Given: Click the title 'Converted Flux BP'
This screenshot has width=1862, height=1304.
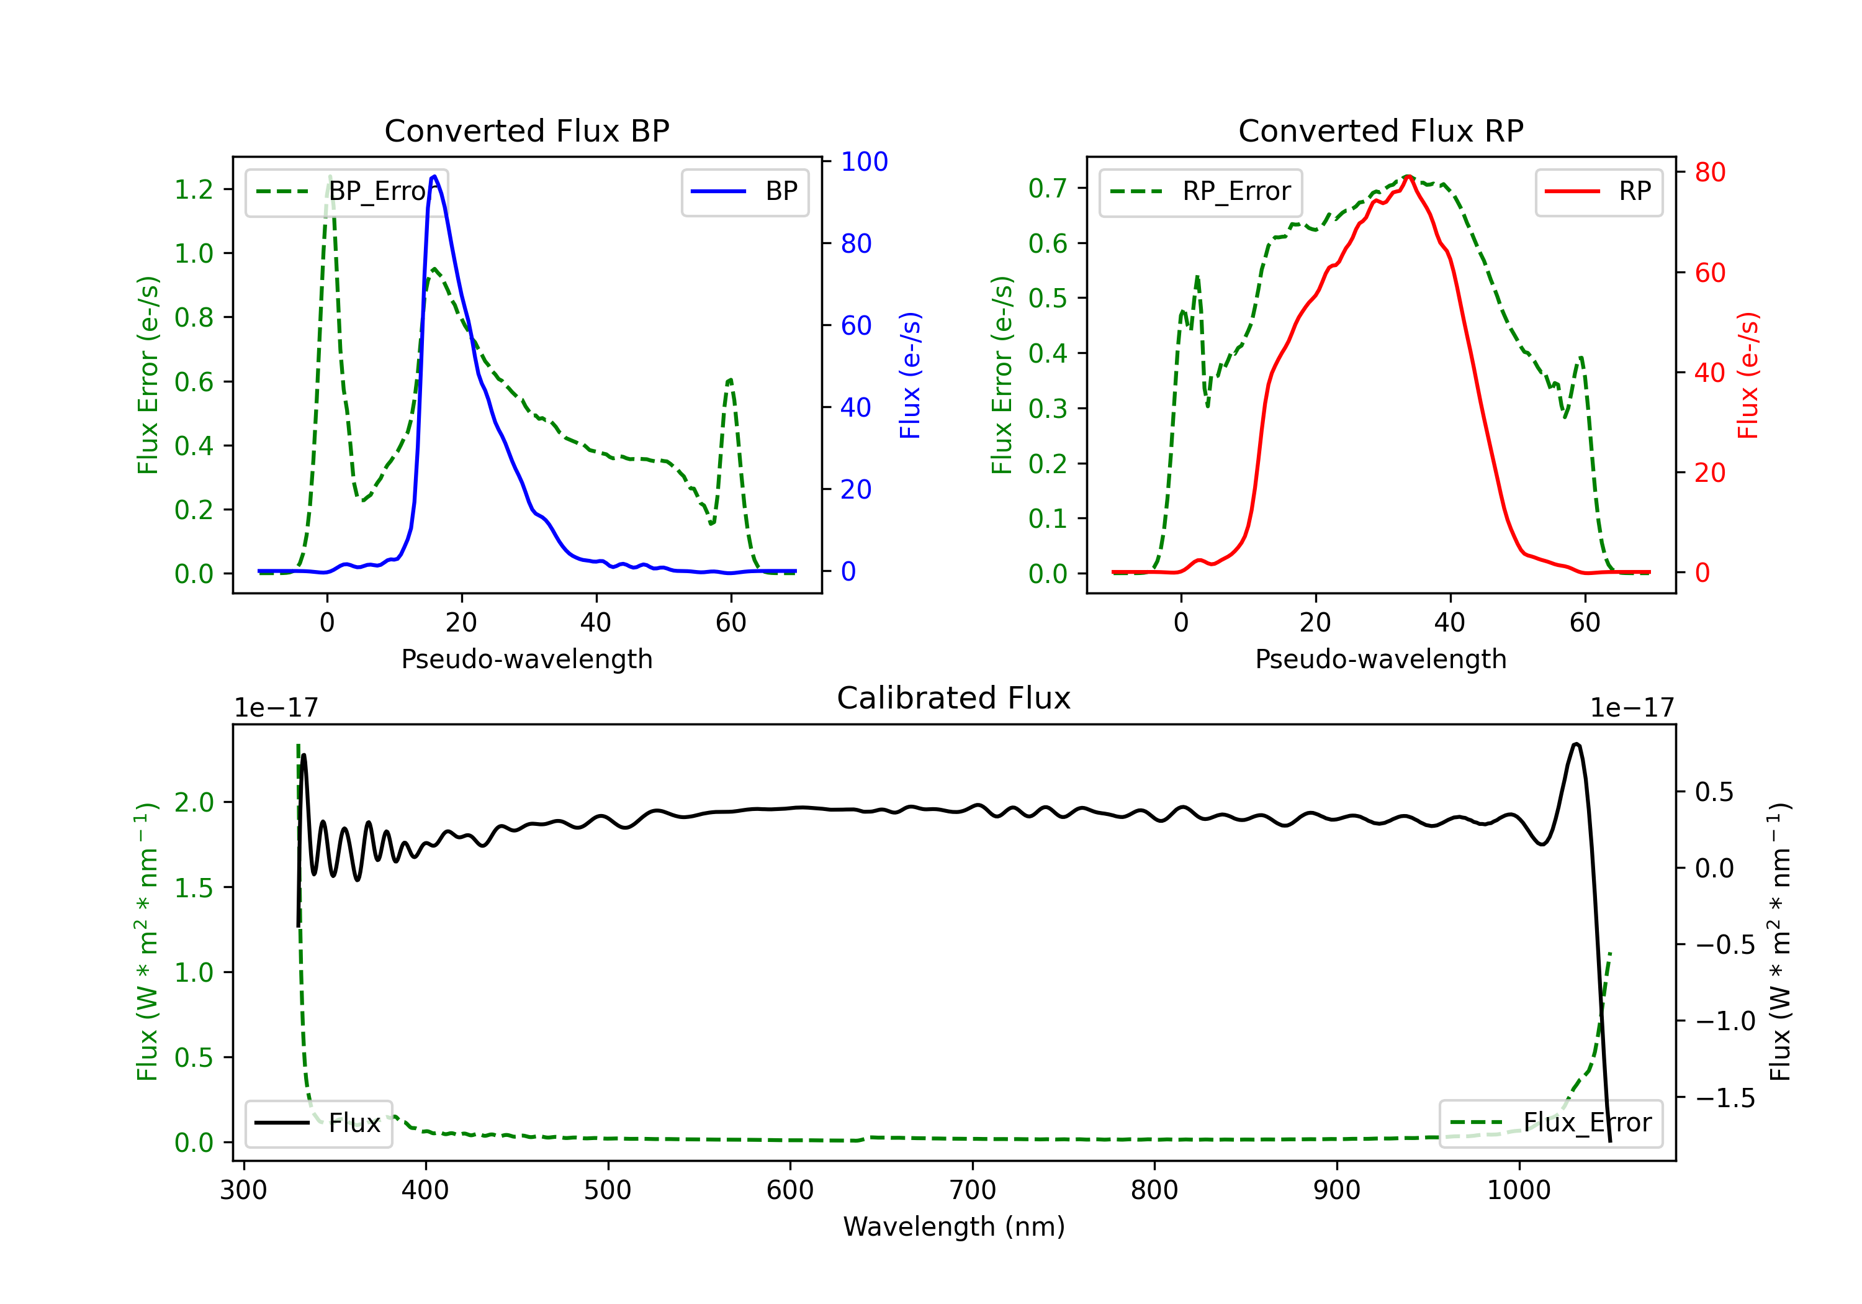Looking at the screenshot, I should point(526,130).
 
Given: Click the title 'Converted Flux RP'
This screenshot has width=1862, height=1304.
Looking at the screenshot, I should point(1380,130).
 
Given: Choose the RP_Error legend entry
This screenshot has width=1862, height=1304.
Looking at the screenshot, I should point(1200,191).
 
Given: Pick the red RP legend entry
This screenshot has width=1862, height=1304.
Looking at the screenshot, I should point(1598,191).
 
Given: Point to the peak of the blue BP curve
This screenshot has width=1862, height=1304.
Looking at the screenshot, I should point(434,176).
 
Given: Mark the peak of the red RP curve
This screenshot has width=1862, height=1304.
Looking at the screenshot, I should point(1409,176).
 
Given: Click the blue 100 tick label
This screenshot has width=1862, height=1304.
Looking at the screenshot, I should point(865,161).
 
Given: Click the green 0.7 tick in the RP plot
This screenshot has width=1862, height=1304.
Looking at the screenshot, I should point(1048,188).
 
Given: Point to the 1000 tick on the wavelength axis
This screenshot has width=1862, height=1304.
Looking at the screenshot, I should point(1518,1190).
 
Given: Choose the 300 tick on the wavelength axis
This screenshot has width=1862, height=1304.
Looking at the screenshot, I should point(243,1190).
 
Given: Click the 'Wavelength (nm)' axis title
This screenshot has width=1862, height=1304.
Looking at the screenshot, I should point(954,1226).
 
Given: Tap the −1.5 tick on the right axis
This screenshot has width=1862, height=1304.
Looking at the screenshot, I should point(1725,1098).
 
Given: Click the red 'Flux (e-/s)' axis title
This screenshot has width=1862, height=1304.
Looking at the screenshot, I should point(1748,375).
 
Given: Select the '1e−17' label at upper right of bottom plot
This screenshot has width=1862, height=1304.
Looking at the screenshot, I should point(1632,708).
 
